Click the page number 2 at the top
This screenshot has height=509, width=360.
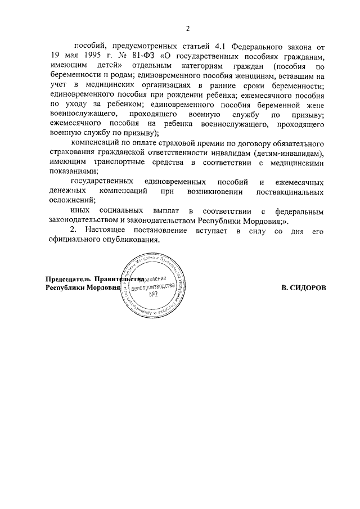pyautogui.click(x=188, y=29)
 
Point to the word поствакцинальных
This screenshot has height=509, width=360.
pyautogui.click(x=290, y=191)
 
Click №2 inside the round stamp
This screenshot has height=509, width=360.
pyautogui.click(x=152, y=295)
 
